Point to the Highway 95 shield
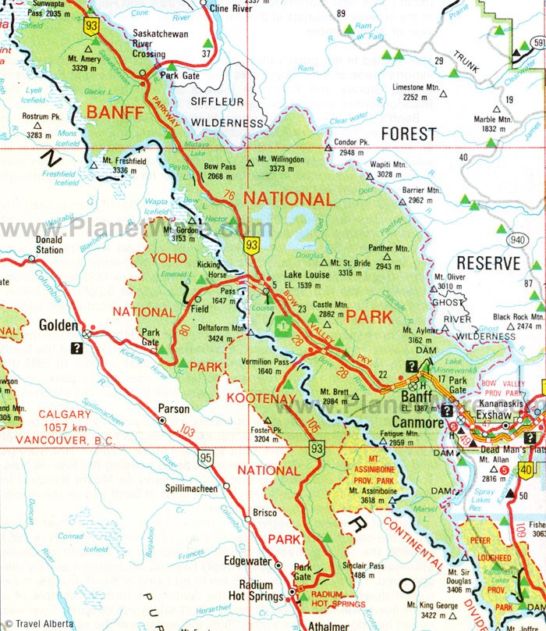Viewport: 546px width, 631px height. click(204, 459)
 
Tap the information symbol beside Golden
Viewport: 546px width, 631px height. click(77, 349)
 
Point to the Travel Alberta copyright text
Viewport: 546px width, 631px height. click(37, 623)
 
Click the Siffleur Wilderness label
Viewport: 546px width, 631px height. click(218, 112)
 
